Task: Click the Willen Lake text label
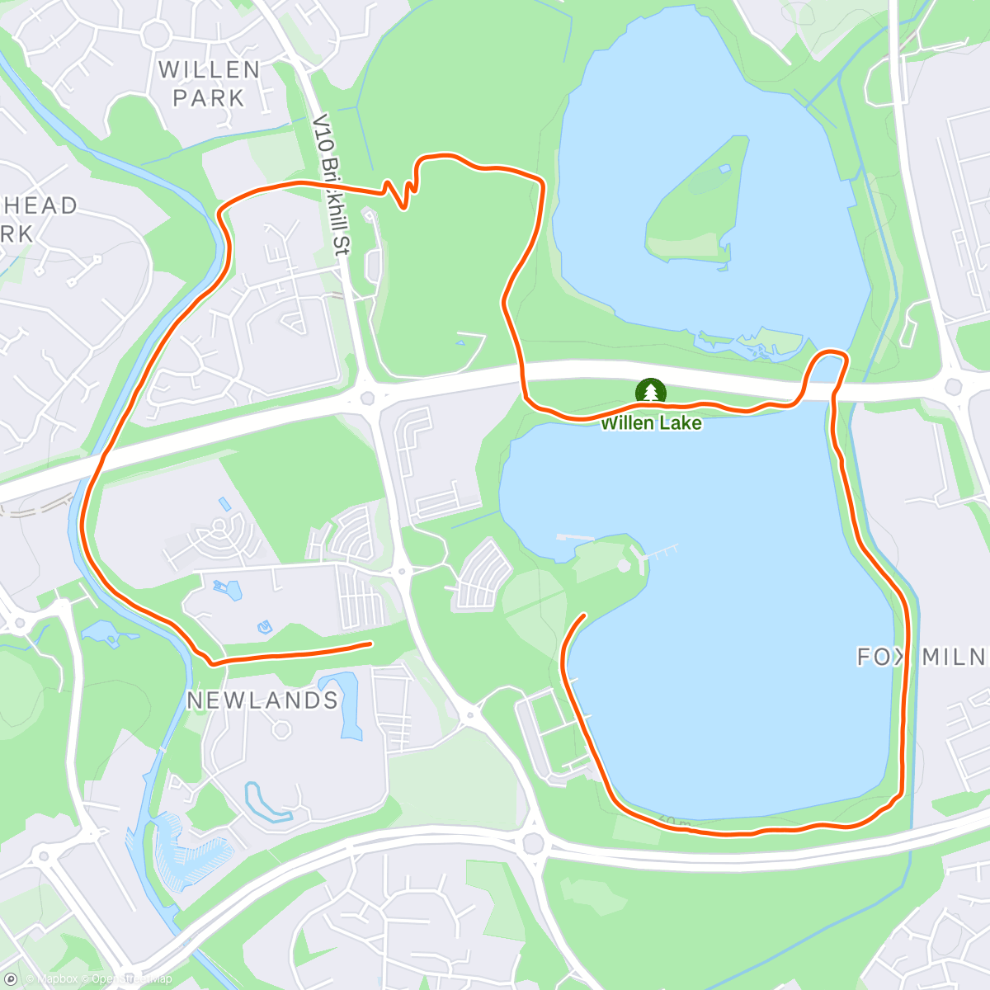click(x=651, y=423)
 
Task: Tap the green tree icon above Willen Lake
click(x=652, y=391)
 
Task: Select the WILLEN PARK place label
click(x=209, y=83)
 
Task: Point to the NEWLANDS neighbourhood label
click(x=262, y=700)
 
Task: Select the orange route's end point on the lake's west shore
click(x=584, y=615)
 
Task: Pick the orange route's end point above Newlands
click(x=370, y=643)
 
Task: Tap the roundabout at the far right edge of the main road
click(x=954, y=385)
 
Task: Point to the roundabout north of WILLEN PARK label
click(x=155, y=33)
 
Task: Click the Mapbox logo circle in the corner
click(x=11, y=978)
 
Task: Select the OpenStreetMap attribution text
click(x=132, y=979)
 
